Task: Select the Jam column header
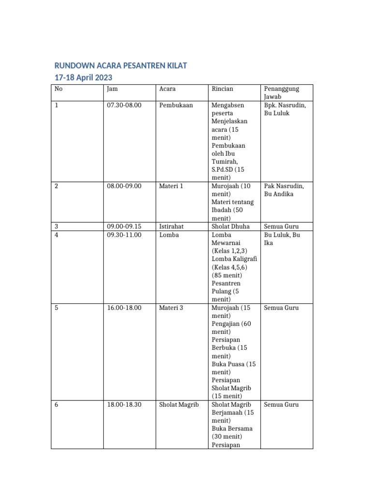[112, 89]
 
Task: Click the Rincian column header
[222, 89]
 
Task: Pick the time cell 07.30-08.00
[124, 105]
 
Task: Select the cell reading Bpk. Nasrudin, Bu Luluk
[285, 109]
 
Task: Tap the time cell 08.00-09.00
[124, 186]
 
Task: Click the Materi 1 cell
[171, 186]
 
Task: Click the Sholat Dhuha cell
[231, 226]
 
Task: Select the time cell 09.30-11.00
[124, 234]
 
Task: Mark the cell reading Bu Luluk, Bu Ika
[282, 238]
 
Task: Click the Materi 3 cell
[171, 307]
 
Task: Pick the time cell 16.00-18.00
[124, 307]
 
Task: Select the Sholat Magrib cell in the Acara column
[179, 404]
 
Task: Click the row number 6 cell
[57, 404]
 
